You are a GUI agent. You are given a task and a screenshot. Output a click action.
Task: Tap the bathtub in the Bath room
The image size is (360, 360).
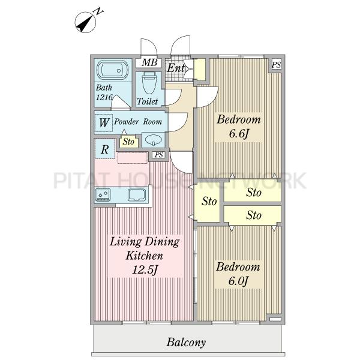pos(113,70)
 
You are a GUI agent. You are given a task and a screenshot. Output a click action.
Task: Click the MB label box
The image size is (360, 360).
pos(149,62)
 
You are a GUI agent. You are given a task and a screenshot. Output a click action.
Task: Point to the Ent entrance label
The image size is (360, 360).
pos(176,68)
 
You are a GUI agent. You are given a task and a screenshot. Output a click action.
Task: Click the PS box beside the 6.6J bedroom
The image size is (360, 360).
pos(276,65)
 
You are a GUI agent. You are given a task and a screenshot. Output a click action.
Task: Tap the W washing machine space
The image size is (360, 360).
pos(104,122)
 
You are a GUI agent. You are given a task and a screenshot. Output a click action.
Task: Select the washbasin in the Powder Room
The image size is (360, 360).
pos(154,140)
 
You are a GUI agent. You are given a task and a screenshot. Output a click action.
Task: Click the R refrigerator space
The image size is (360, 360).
pos(104,149)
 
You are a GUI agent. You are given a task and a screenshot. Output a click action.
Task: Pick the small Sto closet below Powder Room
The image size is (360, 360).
pos(128,142)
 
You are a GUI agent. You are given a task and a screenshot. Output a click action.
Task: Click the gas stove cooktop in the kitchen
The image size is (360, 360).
pos(103,194)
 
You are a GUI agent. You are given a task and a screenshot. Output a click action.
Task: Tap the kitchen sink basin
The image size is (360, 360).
pos(137,195)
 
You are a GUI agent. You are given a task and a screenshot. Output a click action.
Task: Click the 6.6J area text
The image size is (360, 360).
pos(239,134)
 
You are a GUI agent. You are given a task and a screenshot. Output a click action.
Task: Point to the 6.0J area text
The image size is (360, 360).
pos(238,281)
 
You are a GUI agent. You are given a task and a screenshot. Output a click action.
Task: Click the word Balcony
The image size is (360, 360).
pos(186,343)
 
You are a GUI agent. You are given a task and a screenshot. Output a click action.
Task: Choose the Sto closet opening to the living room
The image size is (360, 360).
pos(208,202)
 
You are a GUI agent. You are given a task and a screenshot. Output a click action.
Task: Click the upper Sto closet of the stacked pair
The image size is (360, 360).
pos(253,192)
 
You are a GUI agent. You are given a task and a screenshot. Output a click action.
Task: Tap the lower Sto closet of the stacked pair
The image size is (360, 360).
pos(253,215)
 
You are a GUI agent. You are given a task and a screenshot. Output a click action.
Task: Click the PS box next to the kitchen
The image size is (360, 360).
pos(159,155)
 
